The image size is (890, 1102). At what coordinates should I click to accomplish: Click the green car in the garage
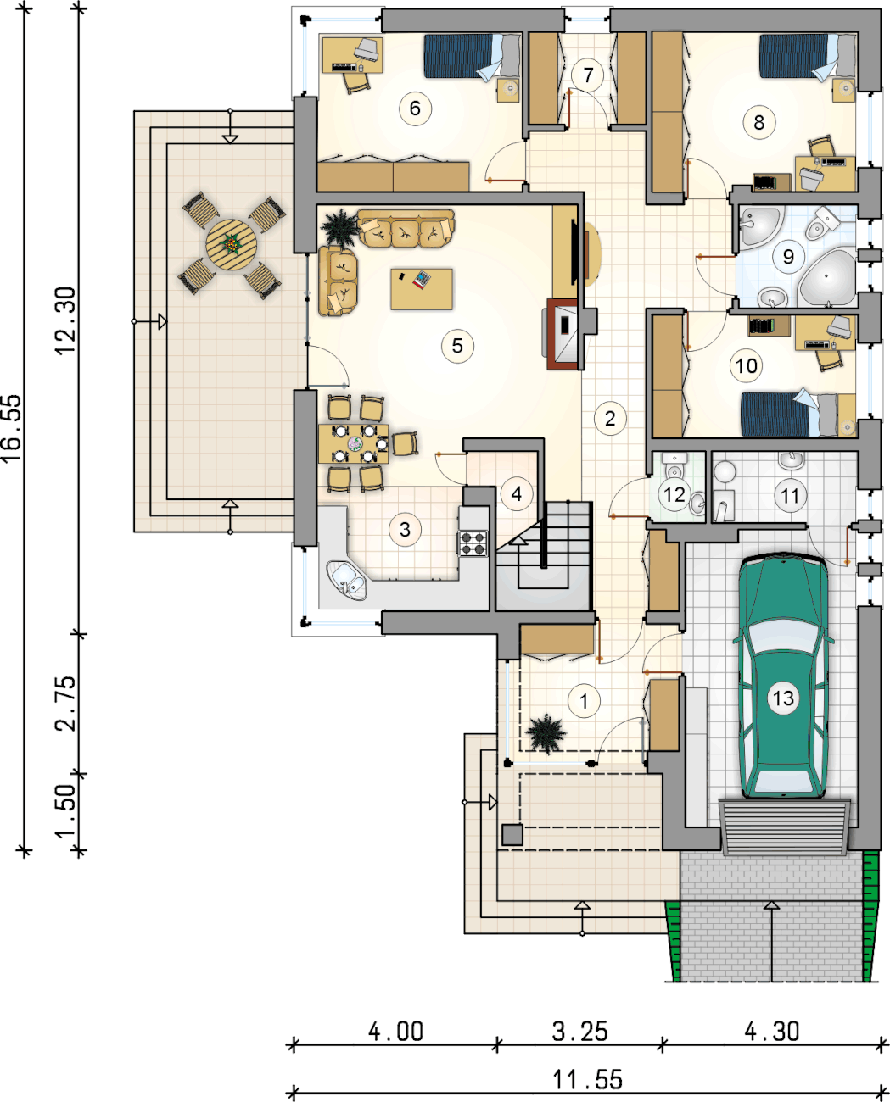click(x=783, y=676)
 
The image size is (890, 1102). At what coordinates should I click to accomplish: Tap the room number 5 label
click(x=457, y=346)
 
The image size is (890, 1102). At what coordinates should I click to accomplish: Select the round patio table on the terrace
click(x=232, y=244)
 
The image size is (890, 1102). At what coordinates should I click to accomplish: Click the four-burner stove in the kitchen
click(x=473, y=543)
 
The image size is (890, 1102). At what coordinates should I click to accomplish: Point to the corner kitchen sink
click(x=347, y=581)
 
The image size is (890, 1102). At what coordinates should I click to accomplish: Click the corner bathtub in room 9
click(x=826, y=277)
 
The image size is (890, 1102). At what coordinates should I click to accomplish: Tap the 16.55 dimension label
click(x=13, y=428)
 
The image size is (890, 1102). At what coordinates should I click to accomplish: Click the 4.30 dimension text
click(x=771, y=1032)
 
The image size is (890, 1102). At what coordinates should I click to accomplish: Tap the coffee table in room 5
click(x=422, y=289)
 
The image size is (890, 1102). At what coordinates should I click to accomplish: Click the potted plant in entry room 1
click(x=547, y=734)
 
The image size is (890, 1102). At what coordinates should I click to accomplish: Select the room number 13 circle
click(x=783, y=698)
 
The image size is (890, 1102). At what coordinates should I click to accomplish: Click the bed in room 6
click(x=473, y=56)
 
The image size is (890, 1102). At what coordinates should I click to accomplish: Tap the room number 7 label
click(x=587, y=75)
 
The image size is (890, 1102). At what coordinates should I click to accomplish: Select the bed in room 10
click(x=798, y=414)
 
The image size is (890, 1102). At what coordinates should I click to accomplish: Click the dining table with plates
click(x=353, y=443)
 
